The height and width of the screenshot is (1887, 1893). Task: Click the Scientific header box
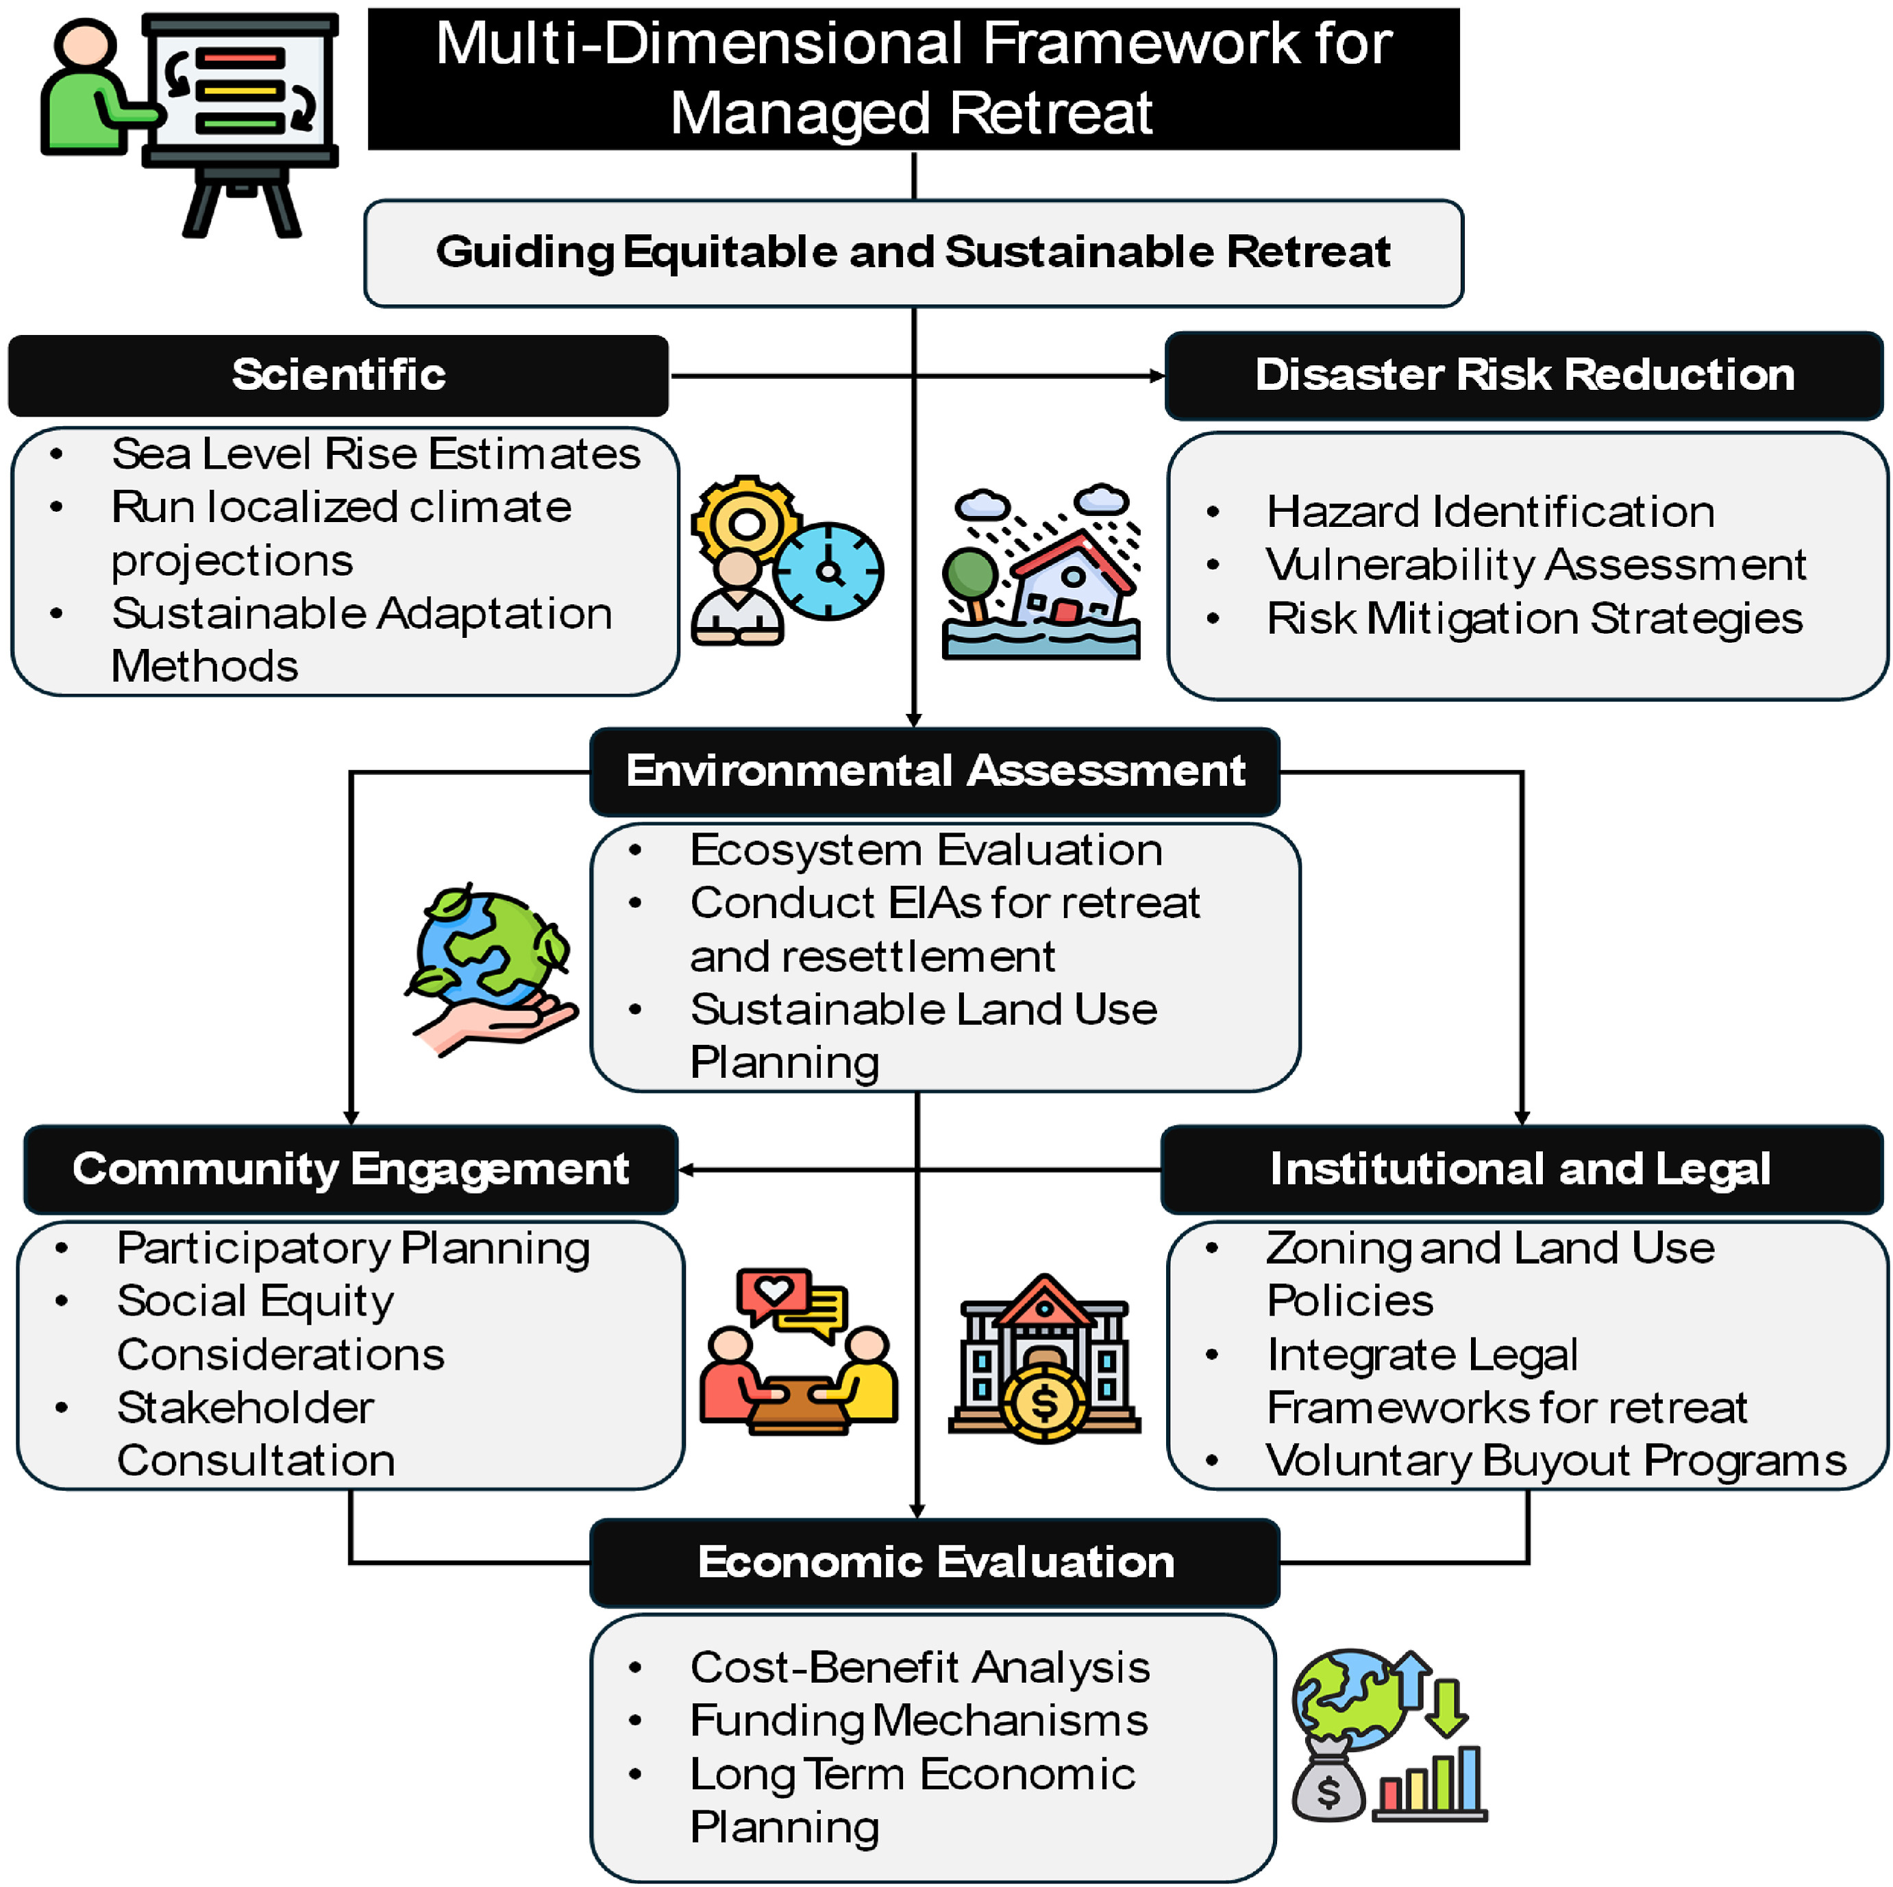coord(338,375)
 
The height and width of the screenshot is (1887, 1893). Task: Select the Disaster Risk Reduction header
coord(1524,375)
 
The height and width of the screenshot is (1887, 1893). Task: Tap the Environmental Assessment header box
coord(935,771)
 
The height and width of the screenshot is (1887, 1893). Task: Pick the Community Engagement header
coord(351,1169)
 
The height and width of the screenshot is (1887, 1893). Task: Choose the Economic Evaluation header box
coord(935,1562)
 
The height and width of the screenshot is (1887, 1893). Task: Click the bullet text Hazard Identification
coord(1489,511)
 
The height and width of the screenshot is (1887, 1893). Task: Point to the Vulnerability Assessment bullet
coord(1535,565)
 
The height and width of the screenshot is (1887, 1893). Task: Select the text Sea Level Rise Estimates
coord(375,454)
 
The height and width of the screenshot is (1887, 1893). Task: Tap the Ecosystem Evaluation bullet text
coord(926,850)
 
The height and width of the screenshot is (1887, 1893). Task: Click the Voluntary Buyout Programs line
coord(1555,1460)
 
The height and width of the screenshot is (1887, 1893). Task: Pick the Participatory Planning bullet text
coord(353,1248)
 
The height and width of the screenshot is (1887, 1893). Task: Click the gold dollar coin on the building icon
coord(1045,1403)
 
